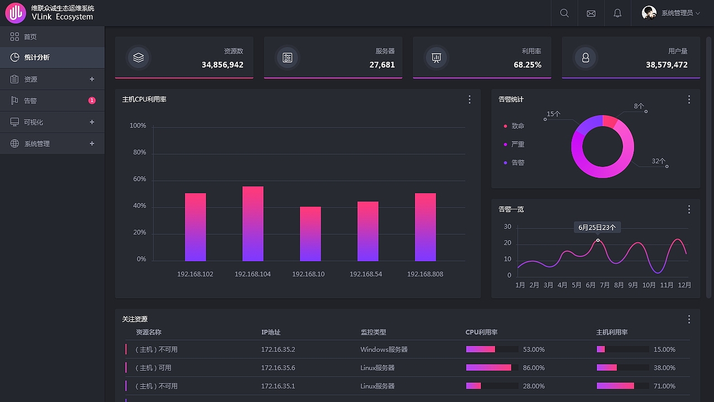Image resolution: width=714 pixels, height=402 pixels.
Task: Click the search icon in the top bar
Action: [x=564, y=13]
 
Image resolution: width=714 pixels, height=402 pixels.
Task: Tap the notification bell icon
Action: [x=617, y=13]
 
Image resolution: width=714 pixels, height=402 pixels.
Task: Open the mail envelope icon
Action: [x=591, y=13]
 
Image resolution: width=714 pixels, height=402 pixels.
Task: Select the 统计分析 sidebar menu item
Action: [x=37, y=58]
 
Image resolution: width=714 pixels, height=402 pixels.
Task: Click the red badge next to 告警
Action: [x=92, y=100]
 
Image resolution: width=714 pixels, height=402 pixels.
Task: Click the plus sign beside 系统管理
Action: [x=92, y=143]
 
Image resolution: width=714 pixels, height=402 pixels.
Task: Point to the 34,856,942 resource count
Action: [x=223, y=65]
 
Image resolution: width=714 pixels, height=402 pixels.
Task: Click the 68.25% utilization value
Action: [x=527, y=65]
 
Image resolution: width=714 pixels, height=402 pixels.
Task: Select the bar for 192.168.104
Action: [x=253, y=224]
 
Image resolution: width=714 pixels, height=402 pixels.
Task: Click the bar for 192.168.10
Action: [x=310, y=234]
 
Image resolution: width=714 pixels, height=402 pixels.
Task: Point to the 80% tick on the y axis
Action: [x=138, y=152]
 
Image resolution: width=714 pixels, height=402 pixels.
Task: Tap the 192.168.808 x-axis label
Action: [x=425, y=274]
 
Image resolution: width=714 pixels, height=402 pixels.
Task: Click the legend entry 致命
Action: [x=518, y=126]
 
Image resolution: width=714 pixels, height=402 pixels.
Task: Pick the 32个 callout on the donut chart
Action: [x=658, y=161]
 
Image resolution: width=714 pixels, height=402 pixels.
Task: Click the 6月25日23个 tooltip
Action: [x=597, y=227]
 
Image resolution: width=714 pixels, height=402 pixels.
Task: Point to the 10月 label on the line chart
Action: [x=649, y=285]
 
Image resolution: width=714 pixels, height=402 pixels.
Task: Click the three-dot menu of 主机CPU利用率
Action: [x=469, y=99]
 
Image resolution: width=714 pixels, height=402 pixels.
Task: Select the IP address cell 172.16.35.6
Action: [x=278, y=368]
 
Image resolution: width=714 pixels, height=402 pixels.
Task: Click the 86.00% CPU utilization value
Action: [x=533, y=368]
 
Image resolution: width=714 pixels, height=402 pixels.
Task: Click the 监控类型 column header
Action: [x=373, y=332]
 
